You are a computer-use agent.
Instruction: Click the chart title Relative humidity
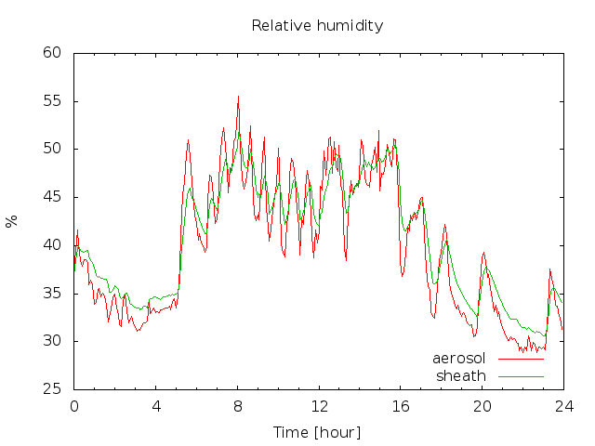pos(317,26)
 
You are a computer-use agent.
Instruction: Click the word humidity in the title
pos(350,26)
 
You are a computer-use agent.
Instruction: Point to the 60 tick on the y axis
pos(52,53)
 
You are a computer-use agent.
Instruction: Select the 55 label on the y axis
pos(52,101)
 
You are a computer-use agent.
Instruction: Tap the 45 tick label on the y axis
pos(52,197)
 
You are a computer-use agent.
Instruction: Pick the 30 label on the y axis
pos(52,341)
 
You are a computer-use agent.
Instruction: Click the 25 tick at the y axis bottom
pos(52,389)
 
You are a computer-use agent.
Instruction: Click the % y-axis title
pos(12,221)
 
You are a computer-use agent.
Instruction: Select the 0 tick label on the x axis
pos(74,407)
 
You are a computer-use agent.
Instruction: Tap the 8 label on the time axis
pos(238,407)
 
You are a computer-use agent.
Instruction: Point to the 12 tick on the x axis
pos(319,407)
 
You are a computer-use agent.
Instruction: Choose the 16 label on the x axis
pos(401,407)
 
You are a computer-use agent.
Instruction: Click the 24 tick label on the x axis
pos(564,407)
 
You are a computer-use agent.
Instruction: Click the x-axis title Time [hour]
pos(317,432)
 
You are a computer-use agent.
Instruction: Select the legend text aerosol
pos(458,359)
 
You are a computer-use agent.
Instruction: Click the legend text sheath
pos(461,376)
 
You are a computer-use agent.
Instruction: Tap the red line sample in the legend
pos(521,359)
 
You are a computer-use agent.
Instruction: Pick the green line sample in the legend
pos(521,376)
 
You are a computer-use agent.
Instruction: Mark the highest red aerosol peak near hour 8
pos(238,97)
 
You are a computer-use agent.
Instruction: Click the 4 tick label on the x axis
pos(156,407)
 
